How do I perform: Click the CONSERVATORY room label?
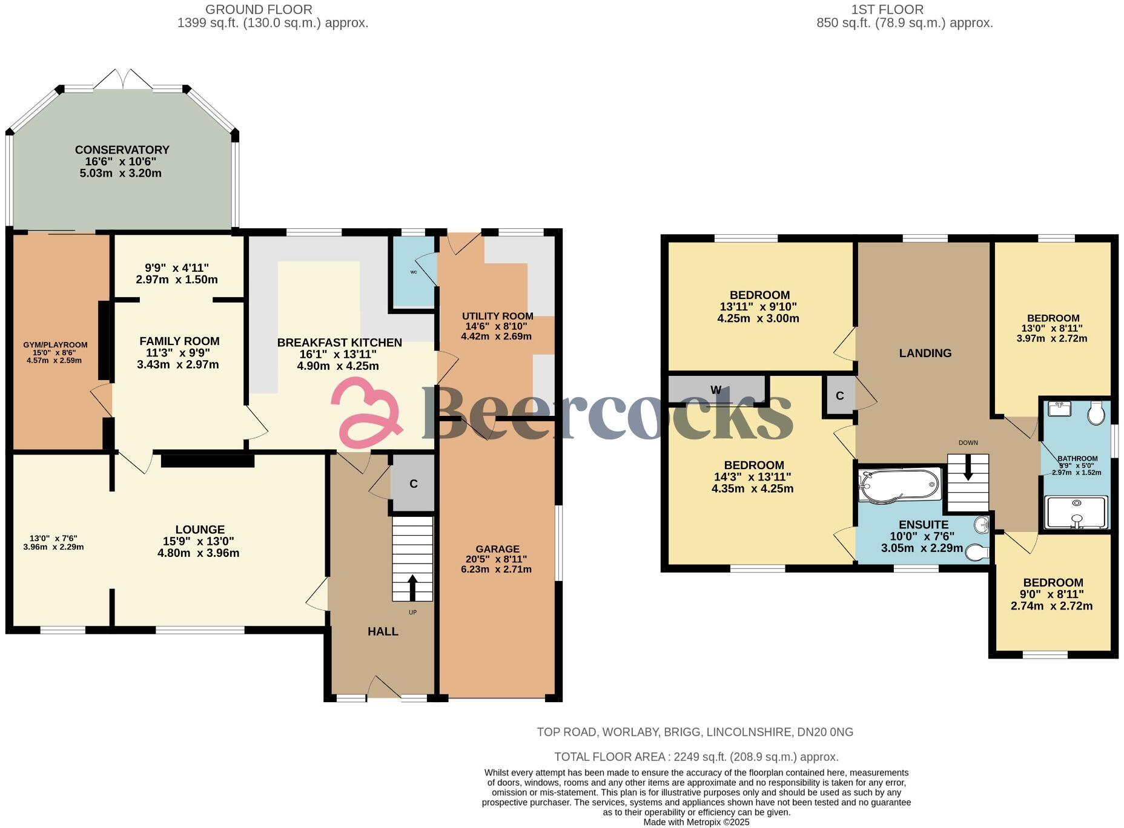pyautogui.click(x=122, y=149)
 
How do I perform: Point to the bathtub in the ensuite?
pyautogui.click(x=899, y=485)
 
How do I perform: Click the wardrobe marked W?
pyautogui.click(x=716, y=390)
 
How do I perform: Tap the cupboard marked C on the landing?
pyautogui.click(x=839, y=396)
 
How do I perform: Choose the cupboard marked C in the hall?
pyautogui.click(x=414, y=484)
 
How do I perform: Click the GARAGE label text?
pyautogui.click(x=497, y=549)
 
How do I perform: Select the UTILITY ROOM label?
pyautogui.click(x=497, y=316)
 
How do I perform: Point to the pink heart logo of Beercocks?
pyautogui.click(x=366, y=412)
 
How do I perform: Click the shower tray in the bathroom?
pyautogui.click(x=1076, y=512)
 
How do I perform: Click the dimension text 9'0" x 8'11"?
pyautogui.click(x=1053, y=594)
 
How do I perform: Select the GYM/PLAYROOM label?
pyautogui.click(x=55, y=344)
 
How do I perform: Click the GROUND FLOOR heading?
pyautogui.click(x=259, y=10)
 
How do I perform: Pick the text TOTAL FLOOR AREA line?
pyautogui.click(x=696, y=757)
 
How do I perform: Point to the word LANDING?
pyautogui.click(x=925, y=353)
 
